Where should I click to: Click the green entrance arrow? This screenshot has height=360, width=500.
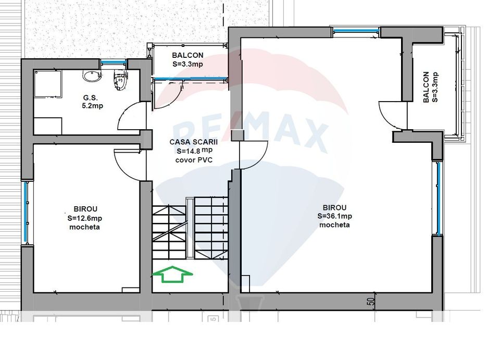click(172, 274)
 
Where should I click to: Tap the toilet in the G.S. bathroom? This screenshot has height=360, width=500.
click(120, 80)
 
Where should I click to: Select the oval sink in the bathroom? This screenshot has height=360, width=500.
click(92, 76)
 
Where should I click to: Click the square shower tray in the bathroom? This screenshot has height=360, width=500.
click(48, 84)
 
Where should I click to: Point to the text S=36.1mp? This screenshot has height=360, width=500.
click(334, 216)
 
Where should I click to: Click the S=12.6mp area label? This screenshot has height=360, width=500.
click(85, 218)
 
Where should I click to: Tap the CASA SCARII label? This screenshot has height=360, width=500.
click(194, 142)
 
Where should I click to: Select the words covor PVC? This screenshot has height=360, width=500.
click(194, 160)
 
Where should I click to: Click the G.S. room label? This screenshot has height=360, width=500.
click(91, 98)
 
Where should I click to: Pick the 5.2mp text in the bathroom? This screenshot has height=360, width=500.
click(93, 106)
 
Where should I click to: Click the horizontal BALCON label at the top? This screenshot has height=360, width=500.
click(187, 55)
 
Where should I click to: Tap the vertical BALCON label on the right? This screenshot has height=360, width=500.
click(426, 87)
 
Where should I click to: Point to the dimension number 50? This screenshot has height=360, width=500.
click(371, 302)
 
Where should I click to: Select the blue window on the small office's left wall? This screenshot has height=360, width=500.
click(26, 213)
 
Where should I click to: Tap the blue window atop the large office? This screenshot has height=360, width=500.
click(356, 31)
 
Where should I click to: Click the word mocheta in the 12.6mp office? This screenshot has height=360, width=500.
click(84, 227)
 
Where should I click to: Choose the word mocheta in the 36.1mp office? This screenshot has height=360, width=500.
click(334, 225)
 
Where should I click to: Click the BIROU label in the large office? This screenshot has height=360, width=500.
click(334, 207)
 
